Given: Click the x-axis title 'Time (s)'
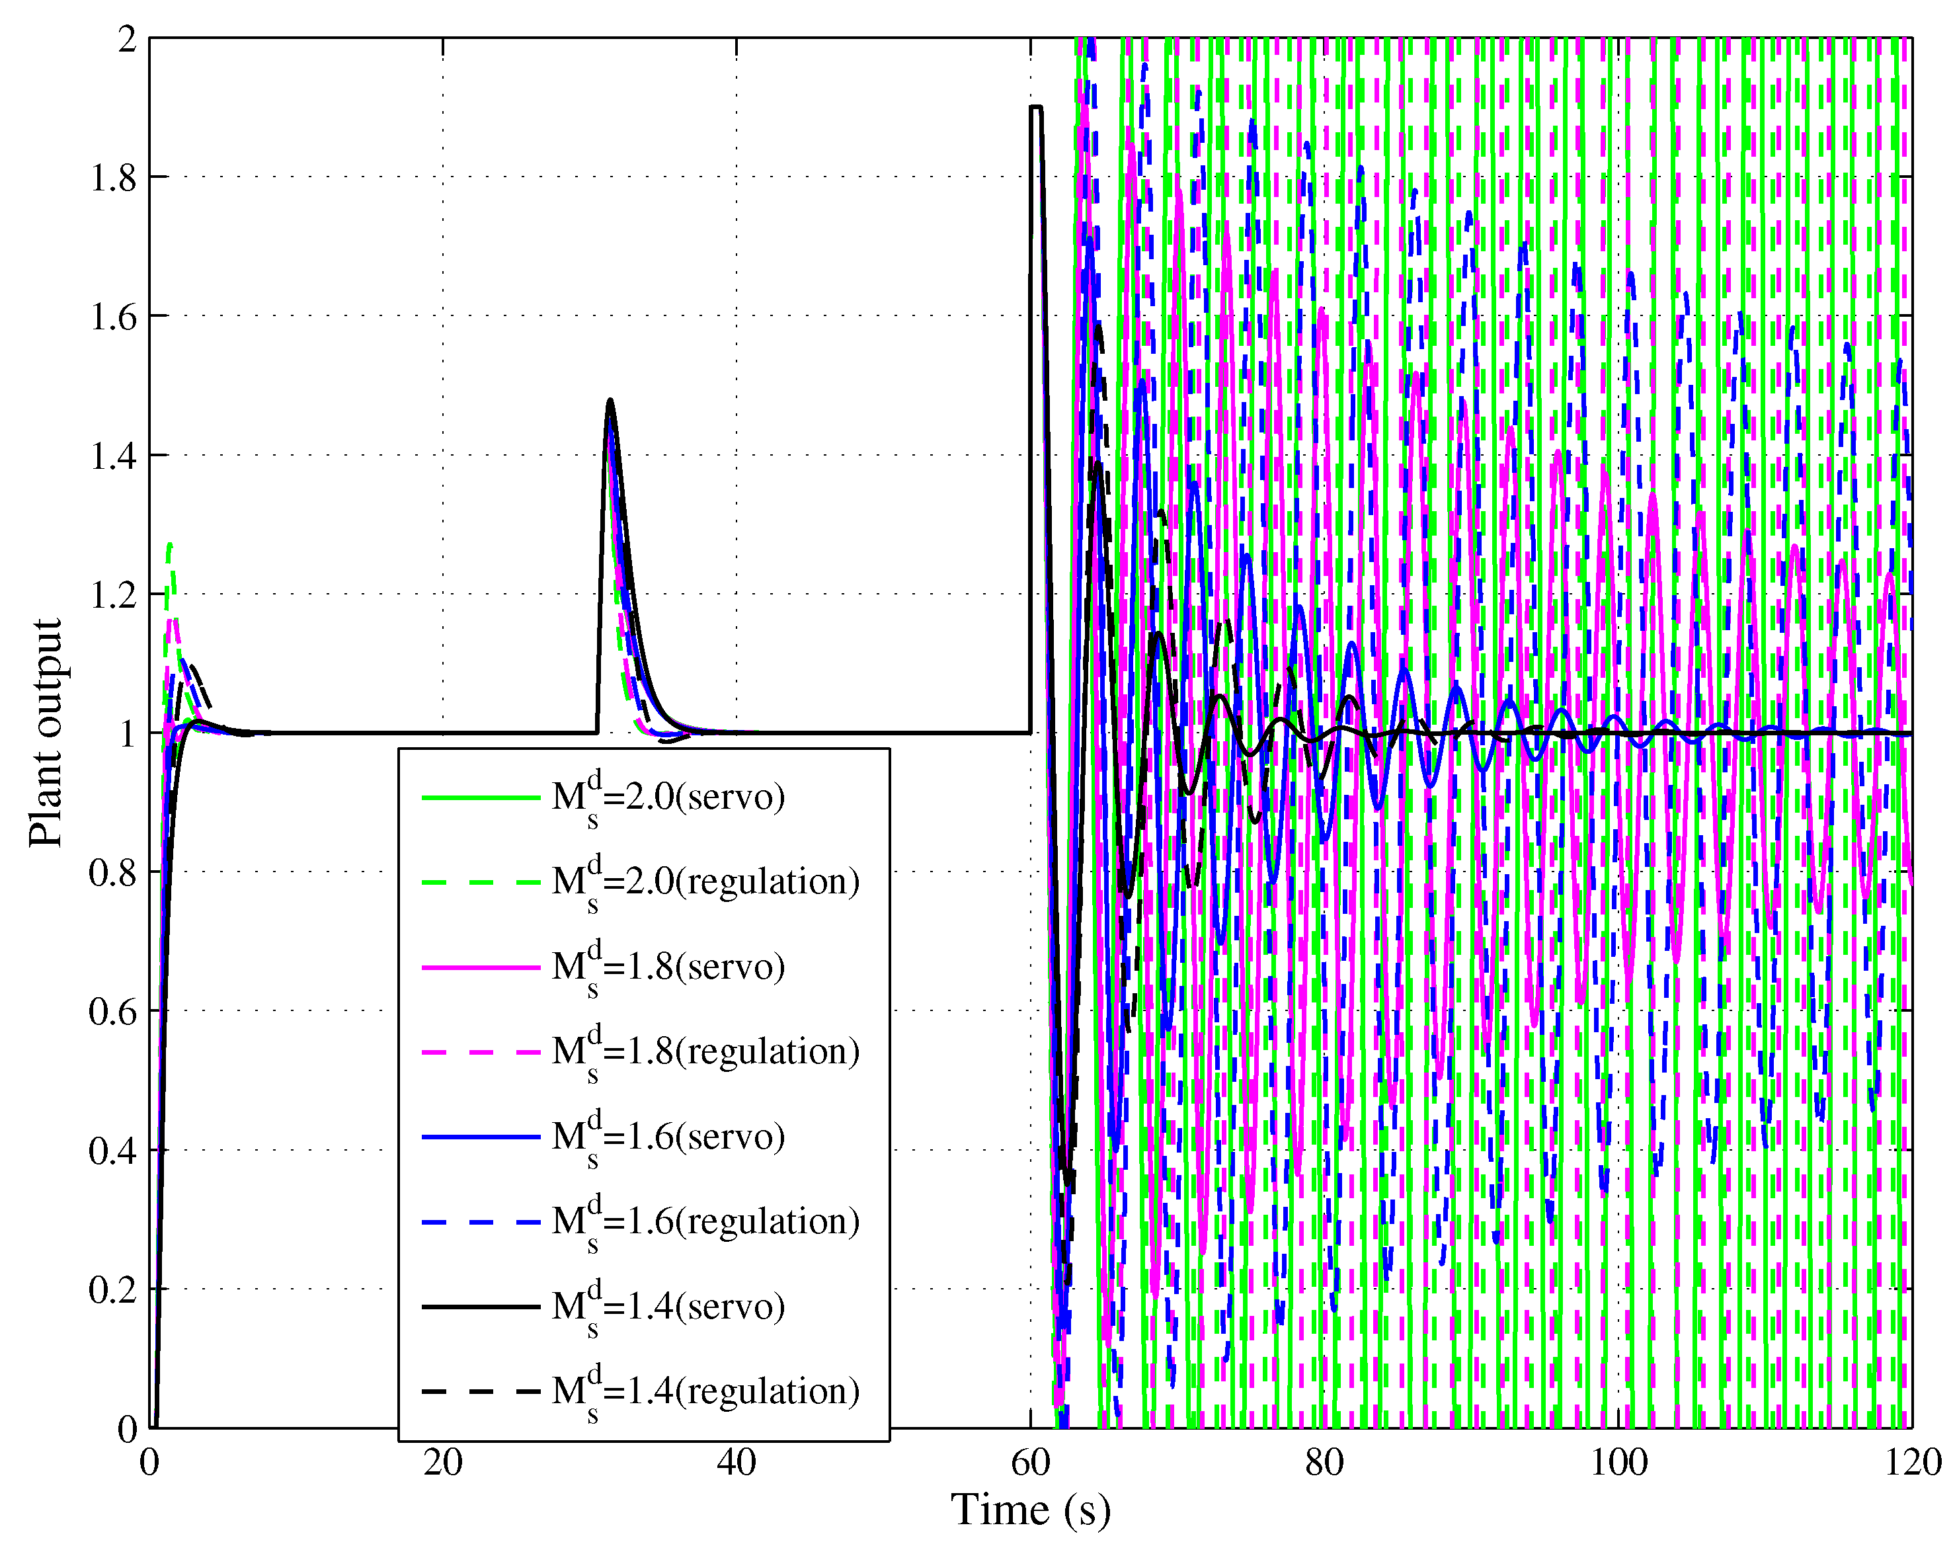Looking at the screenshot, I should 1030,1510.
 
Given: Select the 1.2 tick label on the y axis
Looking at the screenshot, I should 113,595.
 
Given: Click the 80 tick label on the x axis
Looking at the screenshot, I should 1324,1462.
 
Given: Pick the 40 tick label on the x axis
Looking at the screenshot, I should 737,1462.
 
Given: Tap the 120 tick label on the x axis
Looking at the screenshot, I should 1912,1462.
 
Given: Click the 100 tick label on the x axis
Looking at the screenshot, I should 1618,1462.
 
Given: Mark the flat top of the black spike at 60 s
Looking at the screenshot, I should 1035,108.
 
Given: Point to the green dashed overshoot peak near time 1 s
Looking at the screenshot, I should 169,544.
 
